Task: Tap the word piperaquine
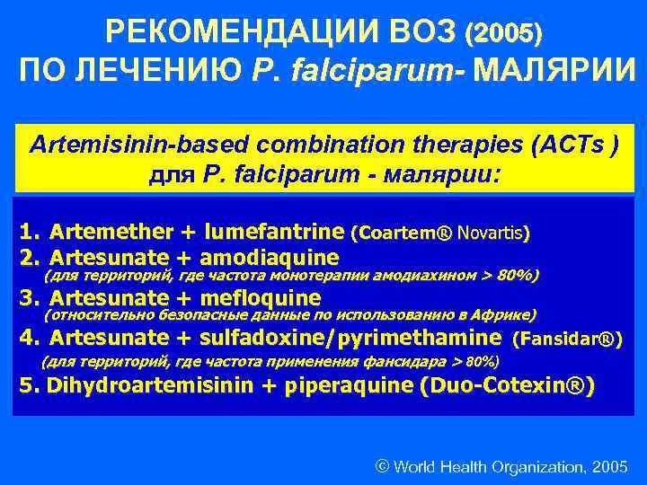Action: [345, 387]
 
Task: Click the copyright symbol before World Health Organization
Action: [382, 467]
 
